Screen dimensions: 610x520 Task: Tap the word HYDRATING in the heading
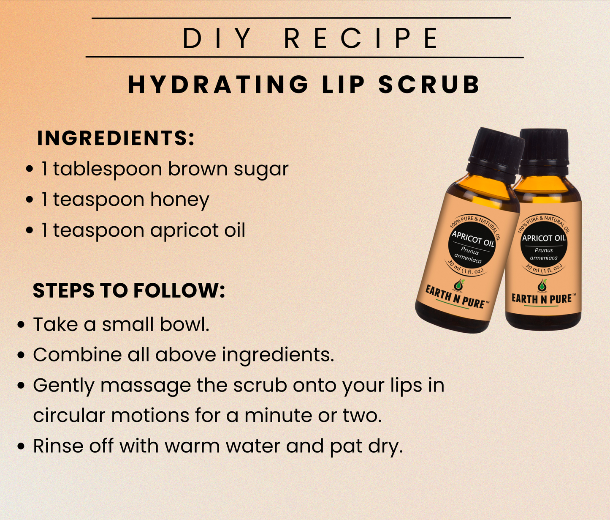218,85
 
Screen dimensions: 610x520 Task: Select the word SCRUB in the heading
429,85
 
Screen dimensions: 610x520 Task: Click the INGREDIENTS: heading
116,138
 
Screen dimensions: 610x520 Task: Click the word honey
180,200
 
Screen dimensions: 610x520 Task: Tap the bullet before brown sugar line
30,170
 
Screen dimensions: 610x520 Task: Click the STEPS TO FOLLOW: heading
129,290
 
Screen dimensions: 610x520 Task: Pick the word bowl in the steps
184,324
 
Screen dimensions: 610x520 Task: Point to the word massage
146,386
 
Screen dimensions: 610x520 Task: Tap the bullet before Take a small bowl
21,325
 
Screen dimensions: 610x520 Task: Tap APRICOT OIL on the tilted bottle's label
473,238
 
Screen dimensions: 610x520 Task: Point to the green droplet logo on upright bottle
542,285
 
